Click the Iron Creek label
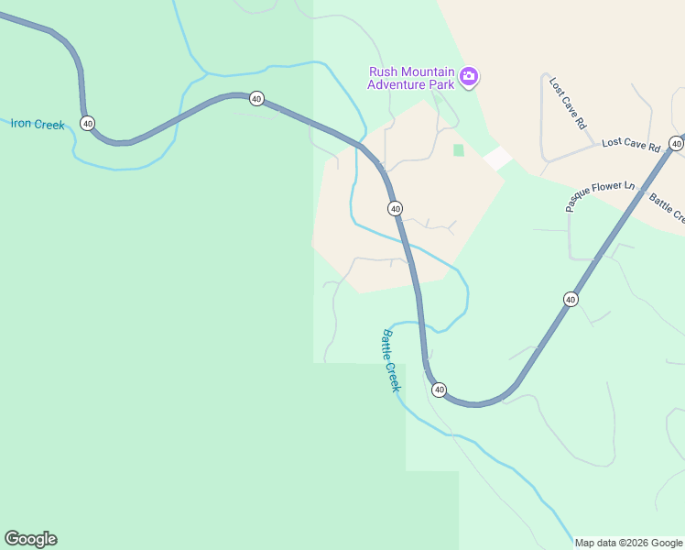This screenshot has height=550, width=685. tap(38, 124)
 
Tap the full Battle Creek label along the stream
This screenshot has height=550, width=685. tap(392, 360)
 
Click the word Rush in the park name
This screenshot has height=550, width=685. tap(384, 72)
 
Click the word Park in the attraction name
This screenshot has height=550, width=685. tap(441, 85)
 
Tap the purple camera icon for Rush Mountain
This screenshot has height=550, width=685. tap(469, 77)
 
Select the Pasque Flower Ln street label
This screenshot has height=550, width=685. tap(600, 196)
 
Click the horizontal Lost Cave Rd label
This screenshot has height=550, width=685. tap(630, 145)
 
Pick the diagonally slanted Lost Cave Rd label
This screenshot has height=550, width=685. tap(567, 103)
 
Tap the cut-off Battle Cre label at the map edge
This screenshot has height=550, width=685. tap(668, 208)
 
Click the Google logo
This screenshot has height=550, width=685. tap(30, 539)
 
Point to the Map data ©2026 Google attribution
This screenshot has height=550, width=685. tap(628, 543)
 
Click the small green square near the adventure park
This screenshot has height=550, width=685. tap(458, 149)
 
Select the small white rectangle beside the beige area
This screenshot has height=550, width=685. tap(497, 158)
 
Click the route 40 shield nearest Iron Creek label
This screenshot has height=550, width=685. tap(87, 123)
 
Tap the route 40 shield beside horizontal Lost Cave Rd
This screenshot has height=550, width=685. tap(676, 143)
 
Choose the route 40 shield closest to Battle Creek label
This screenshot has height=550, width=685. tap(439, 390)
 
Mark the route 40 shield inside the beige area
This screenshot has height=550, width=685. tap(395, 209)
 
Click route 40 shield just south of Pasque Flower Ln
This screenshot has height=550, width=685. tap(571, 299)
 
